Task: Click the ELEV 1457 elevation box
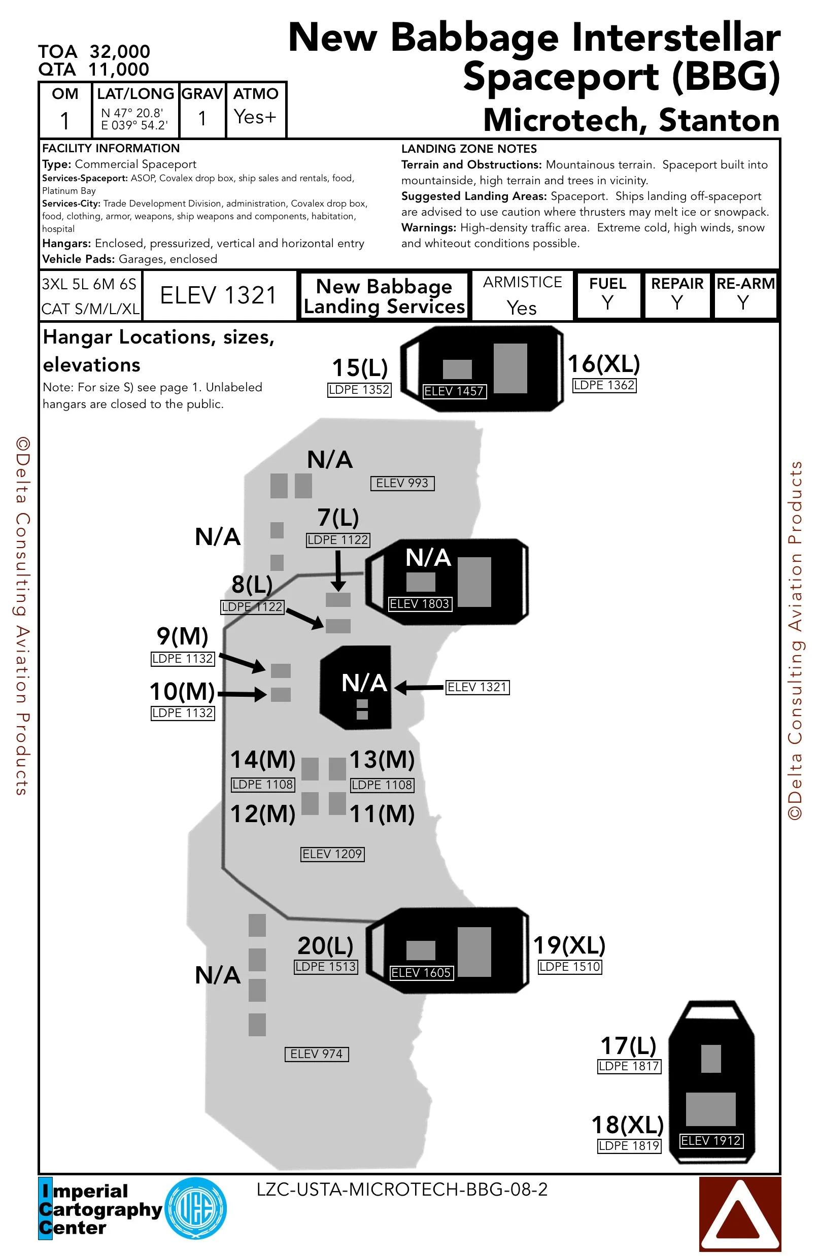pyautogui.click(x=454, y=391)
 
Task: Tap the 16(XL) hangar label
pyautogui.click(x=604, y=364)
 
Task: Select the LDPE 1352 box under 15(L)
pyautogui.click(x=359, y=390)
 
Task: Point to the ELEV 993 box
pyautogui.click(x=402, y=483)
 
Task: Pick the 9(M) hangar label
pyautogui.click(x=182, y=636)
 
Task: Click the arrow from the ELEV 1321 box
pyautogui.click(x=419, y=688)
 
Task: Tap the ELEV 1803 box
pyautogui.click(x=420, y=604)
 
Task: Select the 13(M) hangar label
pyautogui.click(x=382, y=759)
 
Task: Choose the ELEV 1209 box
pyautogui.click(x=332, y=854)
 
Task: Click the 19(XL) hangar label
pyautogui.click(x=569, y=945)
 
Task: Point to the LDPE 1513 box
pyautogui.click(x=326, y=967)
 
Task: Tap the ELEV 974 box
pyautogui.click(x=317, y=1054)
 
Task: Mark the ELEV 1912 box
pyautogui.click(x=711, y=1140)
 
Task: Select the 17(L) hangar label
pyautogui.click(x=629, y=1045)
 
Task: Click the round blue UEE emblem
pyautogui.click(x=196, y=1208)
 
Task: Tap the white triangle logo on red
pyautogui.click(x=739, y=1213)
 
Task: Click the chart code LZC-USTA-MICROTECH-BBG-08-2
pyautogui.click(x=402, y=1190)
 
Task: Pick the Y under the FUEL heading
pyautogui.click(x=608, y=303)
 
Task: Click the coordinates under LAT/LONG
pyautogui.click(x=134, y=119)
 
